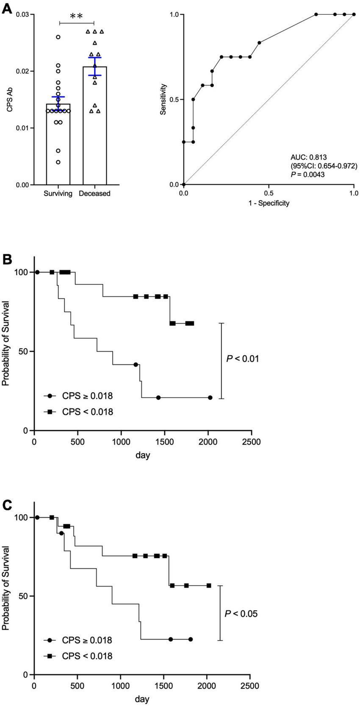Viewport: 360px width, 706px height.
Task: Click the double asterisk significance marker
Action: pos(76,17)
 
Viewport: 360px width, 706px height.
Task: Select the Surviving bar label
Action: pos(58,194)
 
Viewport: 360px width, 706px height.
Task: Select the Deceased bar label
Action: pos(95,194)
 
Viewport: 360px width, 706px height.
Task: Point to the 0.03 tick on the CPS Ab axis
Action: pos(24,15)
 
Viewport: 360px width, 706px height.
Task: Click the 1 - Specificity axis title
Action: pos(268,203)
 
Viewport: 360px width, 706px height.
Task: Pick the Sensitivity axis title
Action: pos(163,100)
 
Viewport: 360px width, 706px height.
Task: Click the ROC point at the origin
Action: pos(184,184)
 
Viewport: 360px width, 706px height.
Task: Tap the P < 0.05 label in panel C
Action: pos(241,613)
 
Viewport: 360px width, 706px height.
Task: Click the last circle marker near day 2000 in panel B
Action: pos(210,397)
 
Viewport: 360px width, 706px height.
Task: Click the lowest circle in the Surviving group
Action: pos(58,162)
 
